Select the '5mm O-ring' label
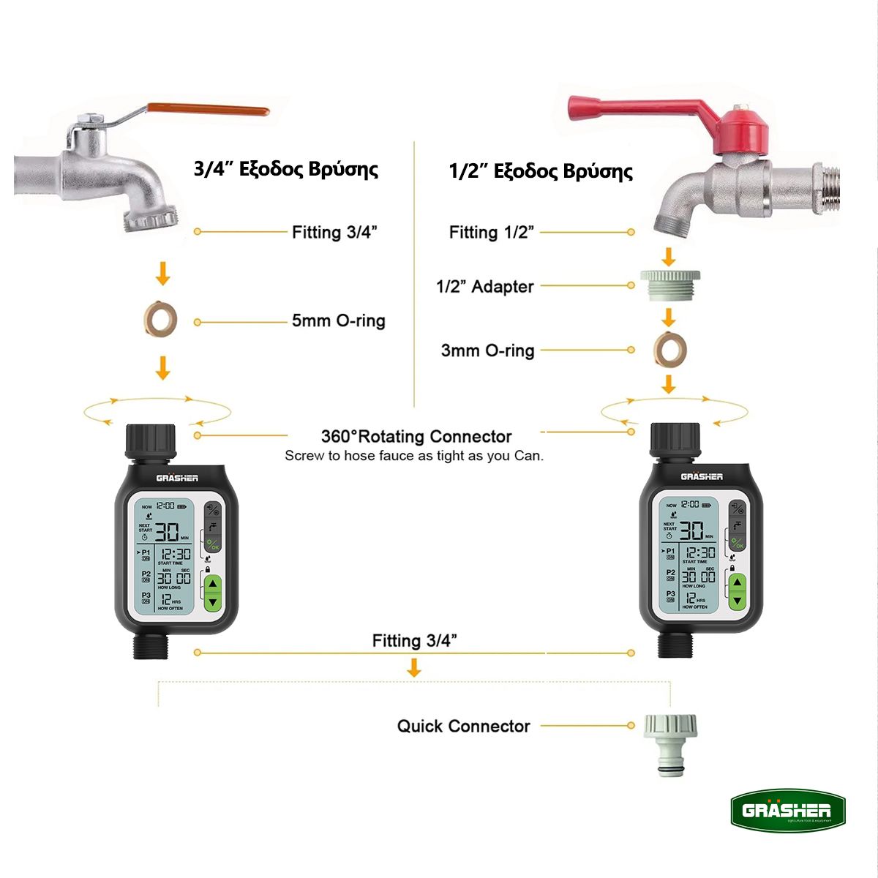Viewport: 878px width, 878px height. point(338,320)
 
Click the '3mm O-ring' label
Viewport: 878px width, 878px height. point(487,350)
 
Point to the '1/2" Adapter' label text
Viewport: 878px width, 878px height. point(485,286)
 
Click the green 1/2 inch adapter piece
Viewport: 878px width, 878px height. point(669,285)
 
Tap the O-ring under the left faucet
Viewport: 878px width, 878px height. point(160,319)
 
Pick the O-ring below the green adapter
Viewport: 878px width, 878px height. point(669,349)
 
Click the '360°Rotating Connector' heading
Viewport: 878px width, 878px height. point(416,437)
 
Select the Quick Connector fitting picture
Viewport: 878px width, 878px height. point(670,743)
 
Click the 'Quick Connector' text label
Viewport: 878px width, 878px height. point(463,727)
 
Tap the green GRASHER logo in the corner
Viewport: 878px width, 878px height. point(788,811)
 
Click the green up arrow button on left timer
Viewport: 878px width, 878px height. point(213,585)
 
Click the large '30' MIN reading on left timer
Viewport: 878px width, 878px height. point(166,532)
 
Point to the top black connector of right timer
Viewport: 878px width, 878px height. point(675,440)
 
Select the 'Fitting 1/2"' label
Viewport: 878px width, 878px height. point(492,233)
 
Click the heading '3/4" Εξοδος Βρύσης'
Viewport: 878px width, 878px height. point(286,169)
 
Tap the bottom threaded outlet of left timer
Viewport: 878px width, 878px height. point(151,646)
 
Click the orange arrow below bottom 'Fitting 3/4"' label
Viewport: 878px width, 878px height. point(414,667)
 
